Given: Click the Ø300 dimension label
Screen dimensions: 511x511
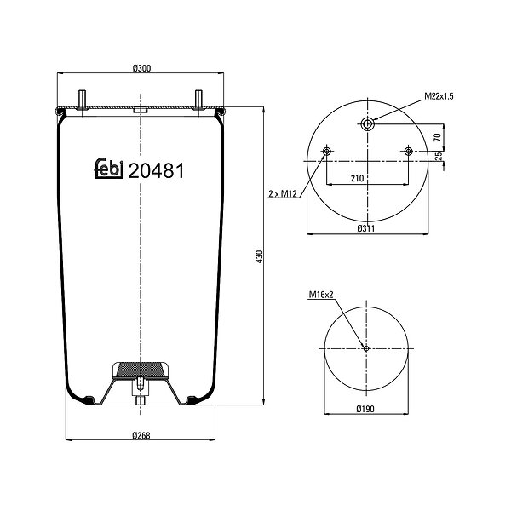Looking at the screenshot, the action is pyautogui.click(x=141, y=68).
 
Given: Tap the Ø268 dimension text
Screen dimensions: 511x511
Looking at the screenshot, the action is pyautogui.click(x=141, y=435).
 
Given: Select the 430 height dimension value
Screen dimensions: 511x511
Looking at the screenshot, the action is pyautogui.click(x=260, y=257).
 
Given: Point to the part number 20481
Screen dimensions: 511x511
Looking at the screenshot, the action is pyautogui.click(x=156, y=170).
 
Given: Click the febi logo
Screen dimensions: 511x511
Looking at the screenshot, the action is pyautogui.click(x=109, y=168).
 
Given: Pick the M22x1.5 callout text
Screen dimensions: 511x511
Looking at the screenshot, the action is pyautogui.click(x=439, y=96).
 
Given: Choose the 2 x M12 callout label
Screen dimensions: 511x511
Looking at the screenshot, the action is pyautogui.click(x=283, y=194).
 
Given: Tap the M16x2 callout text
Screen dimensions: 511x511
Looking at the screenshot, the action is pyautogui.click(x=321, y=295).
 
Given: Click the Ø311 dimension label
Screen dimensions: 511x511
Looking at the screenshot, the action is pyautogui.click(x=366, y=228).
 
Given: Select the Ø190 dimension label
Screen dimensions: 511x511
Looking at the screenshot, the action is pyautogui.click(x=365, y=408).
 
